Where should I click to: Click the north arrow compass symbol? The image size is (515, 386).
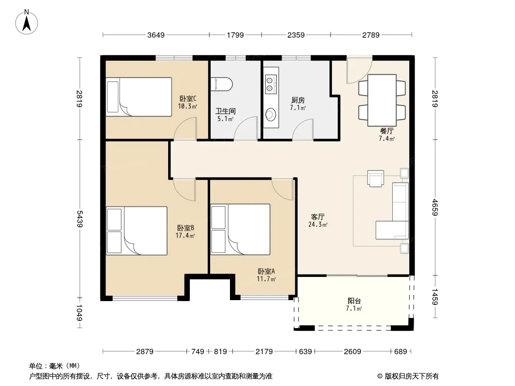(x=27, y=22)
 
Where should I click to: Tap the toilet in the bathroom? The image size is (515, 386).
(x=222, y=84)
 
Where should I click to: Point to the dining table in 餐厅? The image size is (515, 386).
(x=382, y=100)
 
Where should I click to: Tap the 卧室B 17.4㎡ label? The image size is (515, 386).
(x=186, y=232)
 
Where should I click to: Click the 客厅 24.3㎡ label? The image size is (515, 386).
(x=318, y=221)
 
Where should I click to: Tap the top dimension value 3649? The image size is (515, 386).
(x=156, y=35)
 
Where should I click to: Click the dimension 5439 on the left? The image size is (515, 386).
(x=80, y=219)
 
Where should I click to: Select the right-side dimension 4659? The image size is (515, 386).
(x=435, y=207)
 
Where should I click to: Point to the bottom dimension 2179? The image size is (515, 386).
(x=264, y=352)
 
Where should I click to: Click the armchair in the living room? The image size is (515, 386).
(x=375, y=179)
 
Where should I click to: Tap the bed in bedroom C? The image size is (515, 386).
(x=139, y=97)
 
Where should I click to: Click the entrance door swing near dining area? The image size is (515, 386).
(x=359, y=69)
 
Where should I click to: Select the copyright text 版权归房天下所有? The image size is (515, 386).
(x=412, y=376)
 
